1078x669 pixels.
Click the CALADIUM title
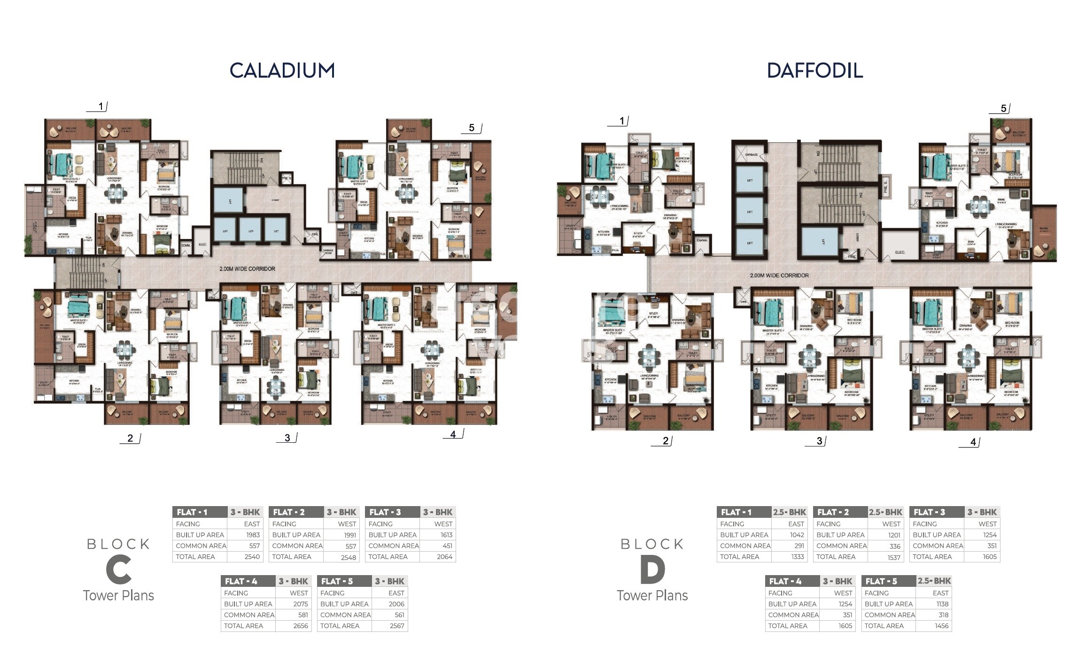(282, 70)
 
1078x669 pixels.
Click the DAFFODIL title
(814, 70)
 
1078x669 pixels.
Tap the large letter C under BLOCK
(118, 569)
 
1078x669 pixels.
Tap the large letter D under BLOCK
(652, 569)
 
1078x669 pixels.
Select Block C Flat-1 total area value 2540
(252, 557)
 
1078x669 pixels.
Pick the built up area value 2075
(301, 604)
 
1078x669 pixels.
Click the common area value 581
(303, 615)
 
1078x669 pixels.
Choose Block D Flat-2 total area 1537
(894, 557)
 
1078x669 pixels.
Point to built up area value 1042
(797, 535)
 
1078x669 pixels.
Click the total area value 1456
(941, 626)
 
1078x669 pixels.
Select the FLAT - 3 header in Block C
(385, 512)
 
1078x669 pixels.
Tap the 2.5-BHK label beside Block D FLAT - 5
(934, 581)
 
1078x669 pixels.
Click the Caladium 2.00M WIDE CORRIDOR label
(247, 269)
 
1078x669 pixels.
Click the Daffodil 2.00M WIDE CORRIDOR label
(779, 276)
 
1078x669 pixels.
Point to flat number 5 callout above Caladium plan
(472, 128)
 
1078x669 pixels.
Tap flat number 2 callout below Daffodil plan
(665, 441)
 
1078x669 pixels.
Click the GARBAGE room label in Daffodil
(751, 155)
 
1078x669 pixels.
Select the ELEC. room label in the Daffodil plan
(900, 253)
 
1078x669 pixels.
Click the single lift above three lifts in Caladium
(230, 201)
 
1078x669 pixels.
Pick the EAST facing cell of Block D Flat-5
(940, 593)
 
